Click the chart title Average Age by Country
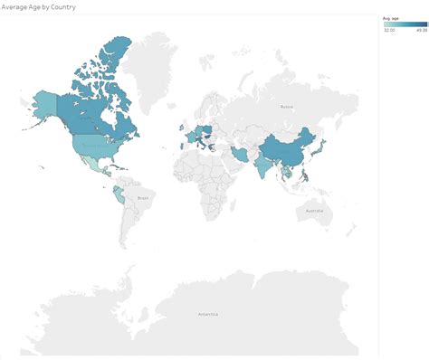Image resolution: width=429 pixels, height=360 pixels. [x=39, y=6]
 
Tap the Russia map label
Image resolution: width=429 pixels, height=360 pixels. [x=286, y=107]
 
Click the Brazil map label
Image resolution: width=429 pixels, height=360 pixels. [x=141, y=196]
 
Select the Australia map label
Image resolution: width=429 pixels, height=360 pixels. [x=313, y=212]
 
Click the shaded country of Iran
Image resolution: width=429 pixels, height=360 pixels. [x=240, y=155]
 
